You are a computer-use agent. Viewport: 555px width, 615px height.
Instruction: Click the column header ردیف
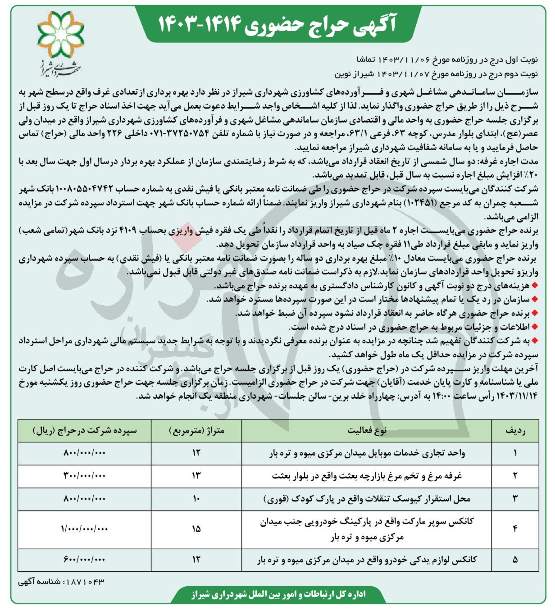pos(515,431)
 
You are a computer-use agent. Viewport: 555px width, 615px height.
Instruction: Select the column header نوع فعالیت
pos(367,431)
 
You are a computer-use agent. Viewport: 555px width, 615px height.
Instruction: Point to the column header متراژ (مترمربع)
pos(196,431)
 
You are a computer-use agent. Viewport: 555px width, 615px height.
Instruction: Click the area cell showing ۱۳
pos(196,475)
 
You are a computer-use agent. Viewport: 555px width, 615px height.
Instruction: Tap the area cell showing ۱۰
pos(196,499)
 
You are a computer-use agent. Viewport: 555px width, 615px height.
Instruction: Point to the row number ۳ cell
pos(515,499)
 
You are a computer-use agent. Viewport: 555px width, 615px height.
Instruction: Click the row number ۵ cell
pos(515,560)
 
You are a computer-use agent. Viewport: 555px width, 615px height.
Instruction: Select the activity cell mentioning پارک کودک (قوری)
pos(367,499)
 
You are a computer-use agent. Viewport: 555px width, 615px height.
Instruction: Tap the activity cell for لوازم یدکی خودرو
pos(367,560)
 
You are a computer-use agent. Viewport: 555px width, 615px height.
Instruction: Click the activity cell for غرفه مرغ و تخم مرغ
pos(367,475)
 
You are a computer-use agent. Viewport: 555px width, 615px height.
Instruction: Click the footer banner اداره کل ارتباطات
pos(277,595)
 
